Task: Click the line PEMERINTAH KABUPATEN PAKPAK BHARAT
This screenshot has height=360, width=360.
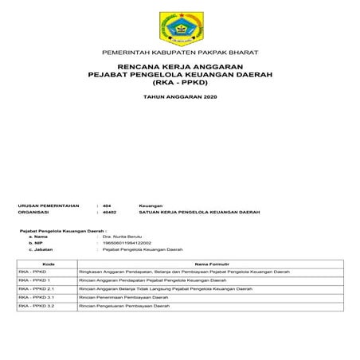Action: coord(179,53)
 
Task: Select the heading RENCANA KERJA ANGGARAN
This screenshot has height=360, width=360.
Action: coord(179,67)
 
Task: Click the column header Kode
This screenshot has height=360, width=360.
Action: coord(48,264)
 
